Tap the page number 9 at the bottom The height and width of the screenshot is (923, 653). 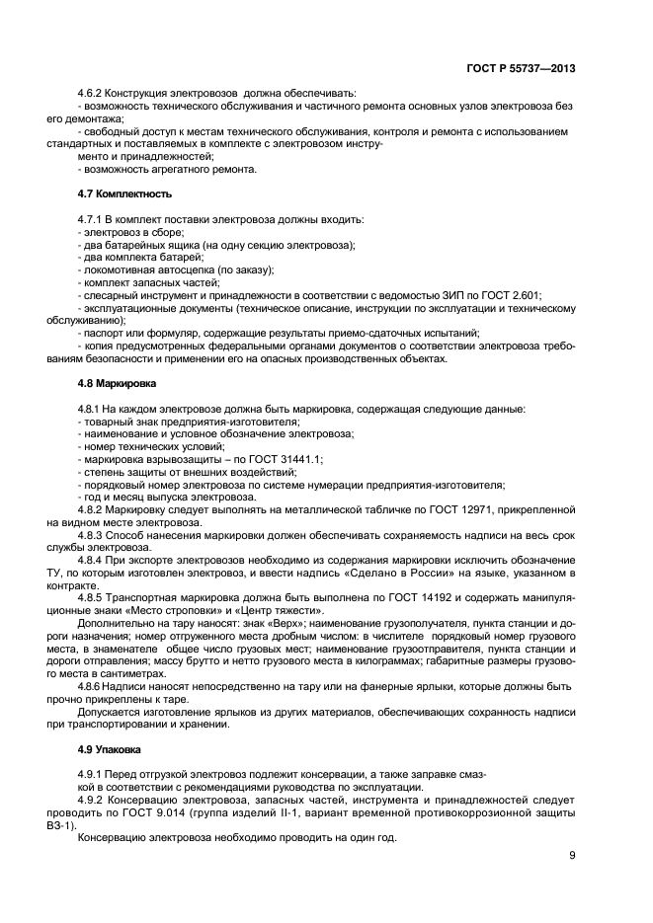(572, 855)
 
